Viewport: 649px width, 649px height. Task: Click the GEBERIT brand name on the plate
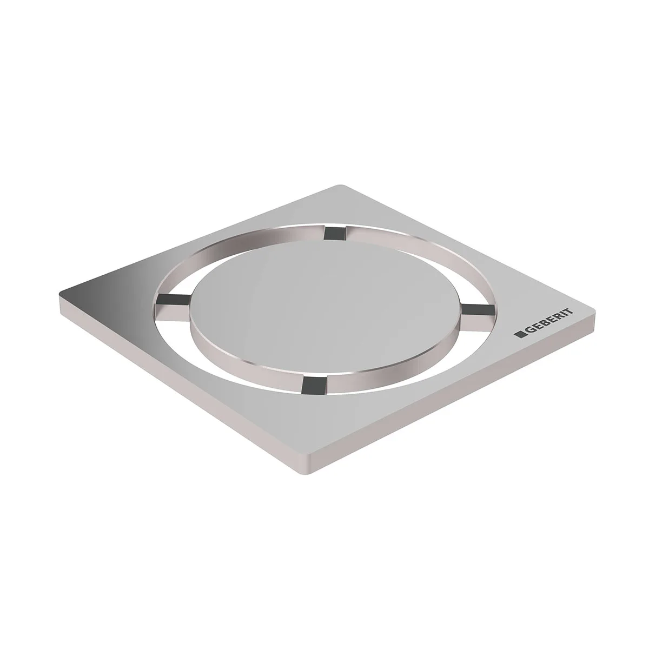547,323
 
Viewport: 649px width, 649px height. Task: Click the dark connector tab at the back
331,234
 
